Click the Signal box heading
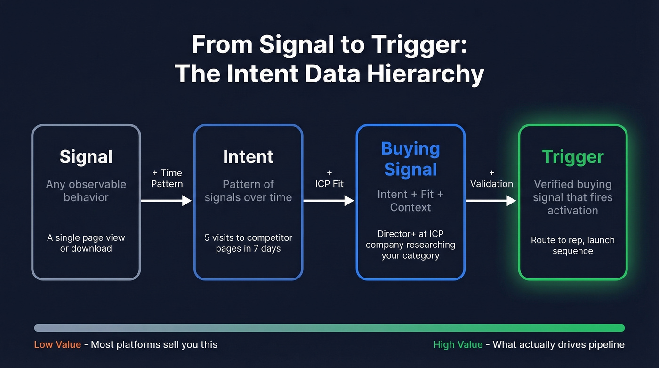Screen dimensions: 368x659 coord(86,157)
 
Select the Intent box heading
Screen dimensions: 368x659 coord(248,157)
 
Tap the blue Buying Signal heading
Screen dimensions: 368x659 coord(410,159)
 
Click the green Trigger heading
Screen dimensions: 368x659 coord(572,157)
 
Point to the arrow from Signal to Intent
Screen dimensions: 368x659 coord(166,201)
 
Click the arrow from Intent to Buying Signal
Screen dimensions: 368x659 coord(329,201)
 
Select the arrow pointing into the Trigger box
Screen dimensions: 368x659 coord(491,201)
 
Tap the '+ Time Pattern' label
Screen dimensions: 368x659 coord(167,178)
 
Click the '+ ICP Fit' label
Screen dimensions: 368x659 coord(329,179)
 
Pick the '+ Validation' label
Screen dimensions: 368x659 coord(491,179)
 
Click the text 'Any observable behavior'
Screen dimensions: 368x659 coord(86,190)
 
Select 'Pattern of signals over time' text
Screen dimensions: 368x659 coord(248,190)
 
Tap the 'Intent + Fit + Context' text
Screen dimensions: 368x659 coord(410,200)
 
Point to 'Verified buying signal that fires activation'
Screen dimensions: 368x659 coord(572,197)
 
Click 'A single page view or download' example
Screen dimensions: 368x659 coord(86,243)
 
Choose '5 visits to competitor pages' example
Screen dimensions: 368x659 coord(248,243)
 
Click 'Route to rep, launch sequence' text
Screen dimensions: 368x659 coord(572,245)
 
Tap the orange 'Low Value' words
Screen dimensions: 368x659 coord(57,344)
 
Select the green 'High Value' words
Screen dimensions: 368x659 coord(458,344)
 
